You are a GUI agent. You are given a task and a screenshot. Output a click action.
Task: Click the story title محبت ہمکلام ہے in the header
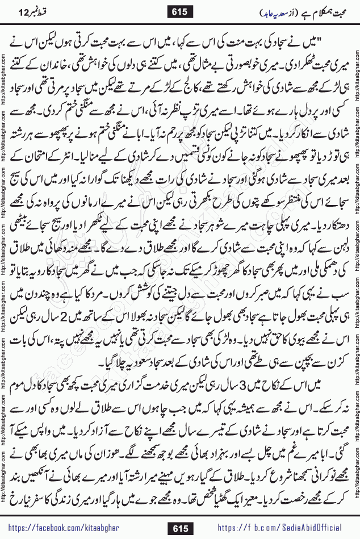321,12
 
